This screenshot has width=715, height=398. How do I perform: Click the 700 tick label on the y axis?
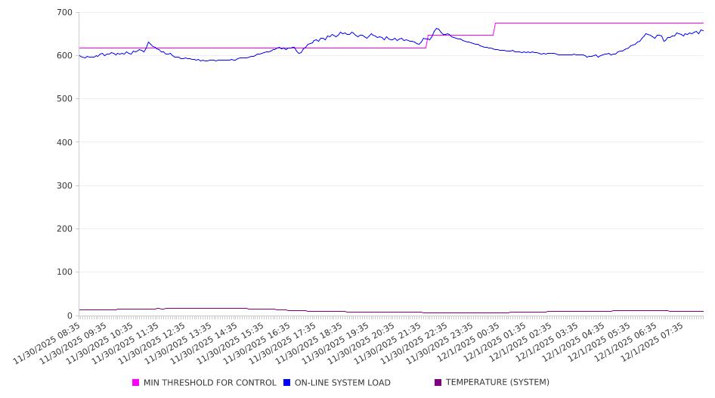pyautogui.click(x=64, y=13)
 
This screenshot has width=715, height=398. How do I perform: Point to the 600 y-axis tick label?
pyautogui.click(x=64, y=56)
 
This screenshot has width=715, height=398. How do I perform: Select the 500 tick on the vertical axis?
pyautogui.click(x=64, y=99)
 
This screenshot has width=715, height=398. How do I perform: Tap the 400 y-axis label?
pyautogui.click(x=64, y=142)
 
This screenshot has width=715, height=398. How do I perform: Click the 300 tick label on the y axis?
pyautogui.click(x=64, y=185)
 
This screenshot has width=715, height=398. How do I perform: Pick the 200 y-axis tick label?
pyautogui.click(x=64, y=229)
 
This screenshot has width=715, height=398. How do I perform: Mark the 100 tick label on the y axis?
pyautogui.click(x=64, y=272)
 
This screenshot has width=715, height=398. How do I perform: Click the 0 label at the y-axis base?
pyautogui.click(x=69, y=316)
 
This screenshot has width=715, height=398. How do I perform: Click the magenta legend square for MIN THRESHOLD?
pyautogui.click(x=136, y=383)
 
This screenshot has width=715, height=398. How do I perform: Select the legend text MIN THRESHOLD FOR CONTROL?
pyautogui.click(x=209, y=383)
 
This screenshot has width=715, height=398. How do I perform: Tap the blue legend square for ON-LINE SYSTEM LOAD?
pyautogui.click(x=287, y=383)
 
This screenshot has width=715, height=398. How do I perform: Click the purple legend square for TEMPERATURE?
pyautogui.click(x=438, y=383)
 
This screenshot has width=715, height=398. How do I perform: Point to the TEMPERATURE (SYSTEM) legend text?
pyautogui.click(x=497, y=383)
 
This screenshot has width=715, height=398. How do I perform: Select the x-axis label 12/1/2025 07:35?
pyautogui.click(x=655, y=342)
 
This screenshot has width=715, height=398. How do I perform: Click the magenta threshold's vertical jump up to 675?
pyautogui.click(x=494, y=29)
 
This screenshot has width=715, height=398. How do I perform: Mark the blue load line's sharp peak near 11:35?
pyautogui.click(x=148, y=42)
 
